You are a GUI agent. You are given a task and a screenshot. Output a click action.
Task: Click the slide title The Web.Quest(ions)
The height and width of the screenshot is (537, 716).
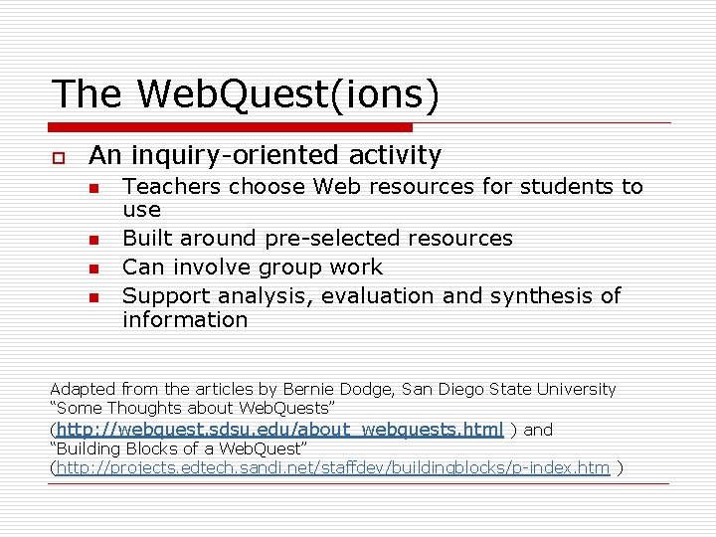(x=245, y=94)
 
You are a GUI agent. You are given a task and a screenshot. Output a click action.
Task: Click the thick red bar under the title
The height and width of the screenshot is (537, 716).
(x=231, y=127)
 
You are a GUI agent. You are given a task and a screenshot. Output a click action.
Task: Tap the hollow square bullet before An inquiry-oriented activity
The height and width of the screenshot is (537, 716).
(x=59, y=158)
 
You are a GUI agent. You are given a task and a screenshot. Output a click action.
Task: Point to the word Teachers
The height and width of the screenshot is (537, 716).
(x=165, y=186)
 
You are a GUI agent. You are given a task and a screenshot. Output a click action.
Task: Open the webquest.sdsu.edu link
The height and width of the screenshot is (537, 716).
(x=279, y=430)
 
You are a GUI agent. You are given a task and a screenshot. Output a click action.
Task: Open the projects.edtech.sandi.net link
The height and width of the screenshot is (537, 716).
(x=332, y=467)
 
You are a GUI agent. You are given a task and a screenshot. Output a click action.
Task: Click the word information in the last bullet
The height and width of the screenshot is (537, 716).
(x=185, y=320)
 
